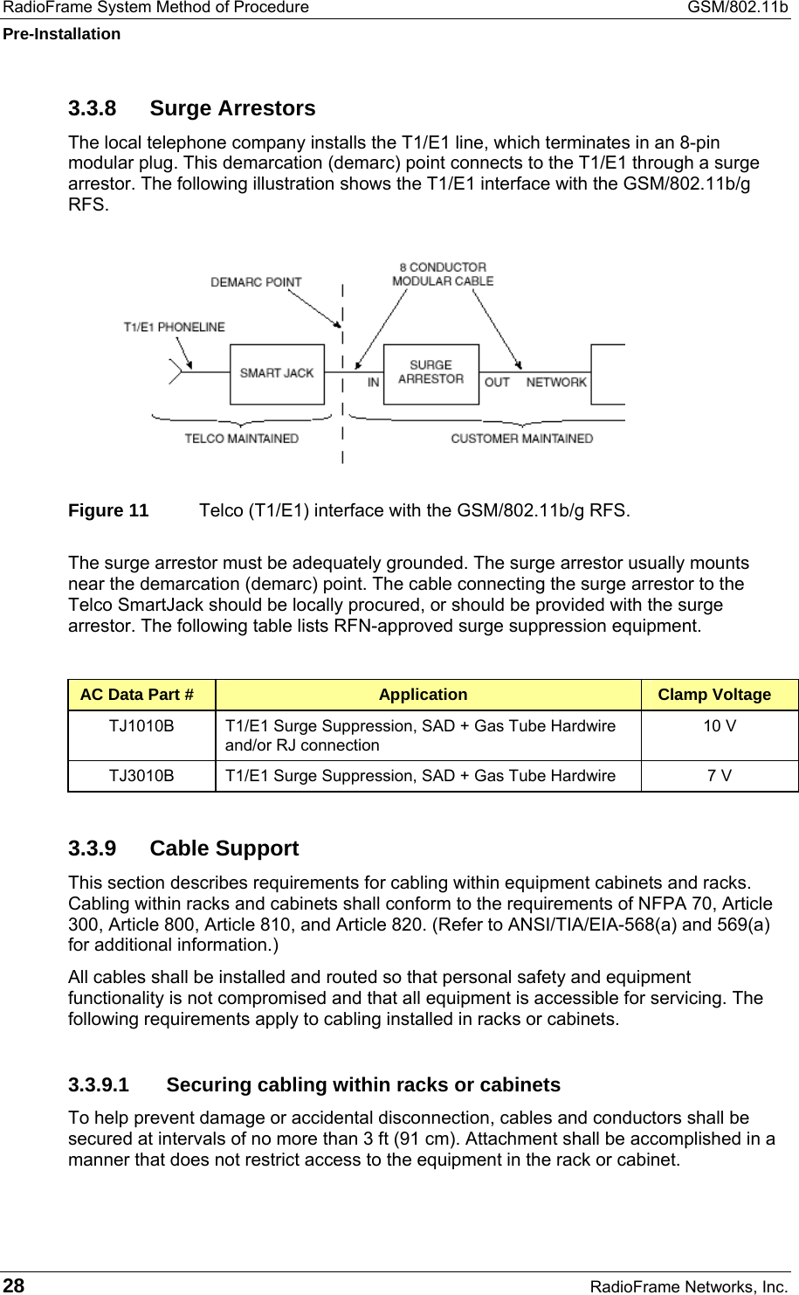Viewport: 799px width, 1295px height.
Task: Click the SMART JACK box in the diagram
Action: tap(277, 374)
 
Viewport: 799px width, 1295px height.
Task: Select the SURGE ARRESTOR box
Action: tap(431, 374)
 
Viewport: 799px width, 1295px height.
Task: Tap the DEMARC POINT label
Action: tap(256, 282)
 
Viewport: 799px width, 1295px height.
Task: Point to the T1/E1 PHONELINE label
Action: tap(174, 328)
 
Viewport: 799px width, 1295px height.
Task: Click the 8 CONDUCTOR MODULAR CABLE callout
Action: tap(443, 274)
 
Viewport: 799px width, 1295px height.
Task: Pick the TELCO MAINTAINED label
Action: tap(241, 439)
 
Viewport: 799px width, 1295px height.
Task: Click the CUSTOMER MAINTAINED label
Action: tap(521, 439)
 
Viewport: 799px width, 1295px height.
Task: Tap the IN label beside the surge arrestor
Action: tap(373, 383)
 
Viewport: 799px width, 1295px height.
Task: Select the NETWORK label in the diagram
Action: tap(556, 383)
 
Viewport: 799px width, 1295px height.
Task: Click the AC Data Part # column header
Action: tap(137, 695)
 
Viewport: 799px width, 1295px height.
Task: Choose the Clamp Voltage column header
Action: tap(714, 695)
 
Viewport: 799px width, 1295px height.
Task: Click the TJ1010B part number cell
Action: tap(141, 726)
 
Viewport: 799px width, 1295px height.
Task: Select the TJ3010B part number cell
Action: tap(141, 776)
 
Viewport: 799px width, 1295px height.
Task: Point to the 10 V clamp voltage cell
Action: tap(720, 726)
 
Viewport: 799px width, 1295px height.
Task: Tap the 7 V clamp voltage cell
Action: tap(720, 776)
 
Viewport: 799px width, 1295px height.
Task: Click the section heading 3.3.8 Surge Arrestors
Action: tap(191, 108)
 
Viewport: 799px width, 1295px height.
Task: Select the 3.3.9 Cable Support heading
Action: tap(183, 848)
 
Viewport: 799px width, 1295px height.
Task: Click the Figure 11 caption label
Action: tap(108, 510)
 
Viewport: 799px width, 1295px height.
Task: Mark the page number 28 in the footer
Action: tap(14, 1285)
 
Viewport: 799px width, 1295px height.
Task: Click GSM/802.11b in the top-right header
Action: tap(737, 8)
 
